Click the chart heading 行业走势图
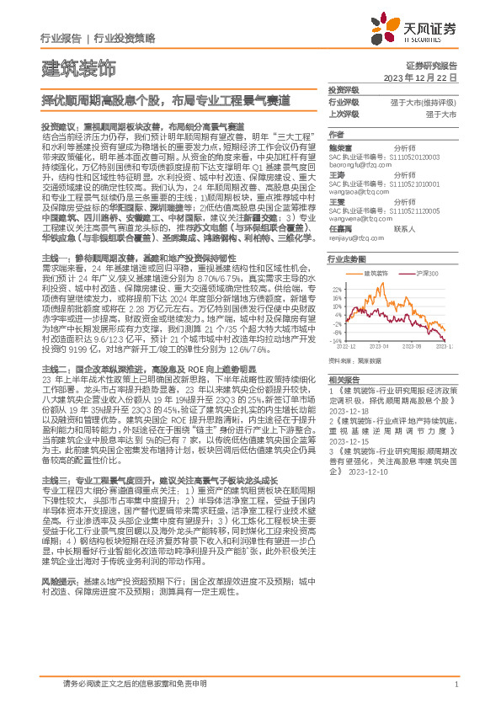(x=345, y=260)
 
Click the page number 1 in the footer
(x=456, y=684)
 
